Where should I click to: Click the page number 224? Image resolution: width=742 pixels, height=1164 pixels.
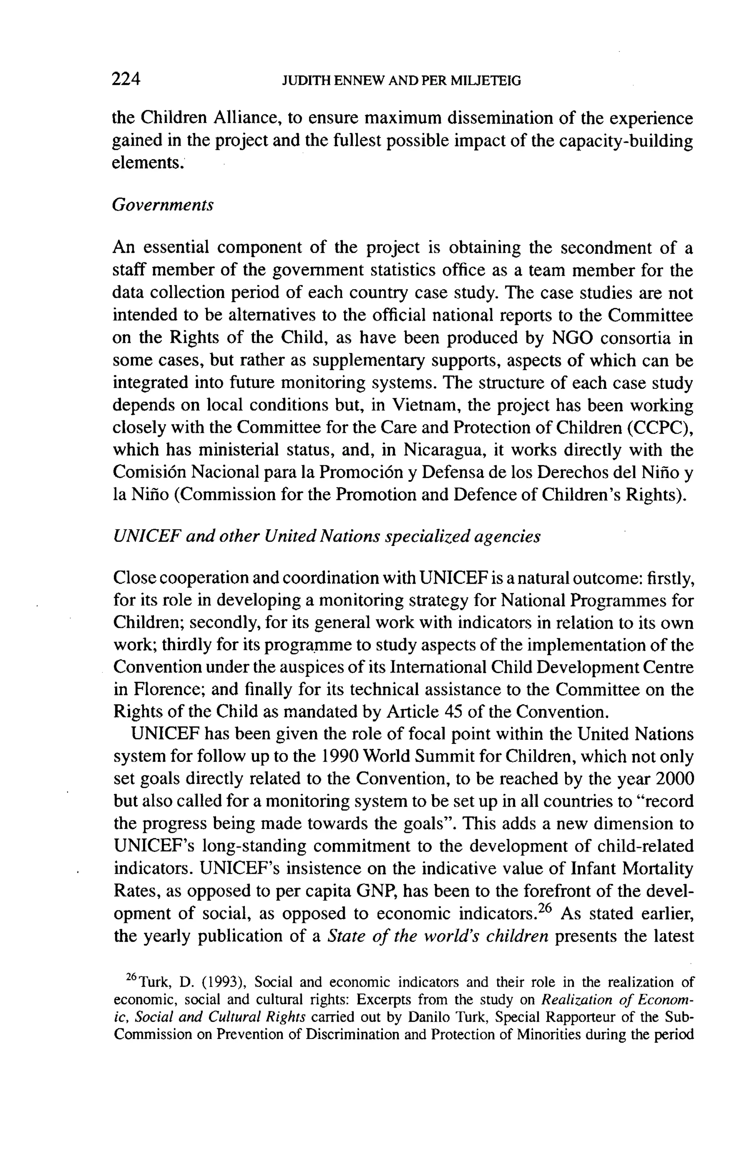tap(126, 79)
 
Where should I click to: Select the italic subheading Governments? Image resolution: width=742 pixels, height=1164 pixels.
tap(163, 205)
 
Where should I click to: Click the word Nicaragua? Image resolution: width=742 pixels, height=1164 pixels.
tap(445, 450)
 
